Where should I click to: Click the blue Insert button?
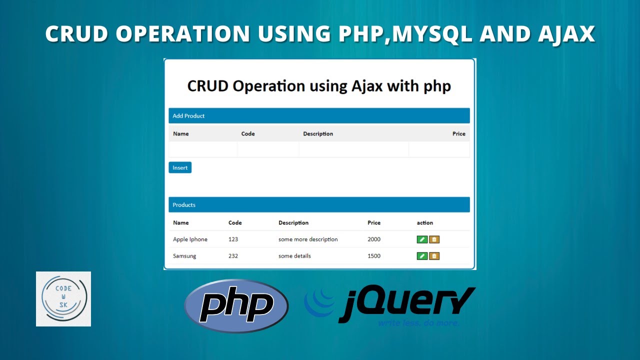[180, 168]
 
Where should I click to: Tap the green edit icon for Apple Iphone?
[422, 239]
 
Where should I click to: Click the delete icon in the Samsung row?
[434, 256]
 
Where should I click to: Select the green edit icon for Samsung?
[422, 256]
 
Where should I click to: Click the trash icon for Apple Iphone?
[434, 239]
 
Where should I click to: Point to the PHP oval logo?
[236, 306]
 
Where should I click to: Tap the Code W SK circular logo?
[63, 299]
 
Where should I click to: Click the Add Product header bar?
[319, 116]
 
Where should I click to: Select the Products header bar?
[319, 205]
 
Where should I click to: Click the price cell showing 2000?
[374, 239]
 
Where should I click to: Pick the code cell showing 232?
[233, 256]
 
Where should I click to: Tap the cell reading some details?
[294, 256]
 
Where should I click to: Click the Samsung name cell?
[184, 256]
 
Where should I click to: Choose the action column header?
[425, 223]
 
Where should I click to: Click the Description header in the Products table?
[293, 223]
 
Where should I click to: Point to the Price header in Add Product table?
[458, 134]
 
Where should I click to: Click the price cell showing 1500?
[374, 256]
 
